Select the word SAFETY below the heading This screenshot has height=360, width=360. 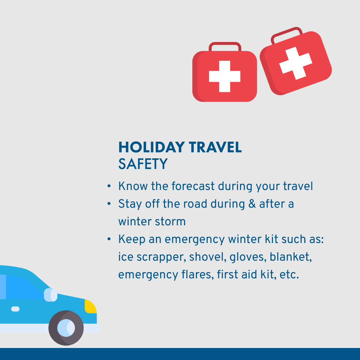click(143, 164)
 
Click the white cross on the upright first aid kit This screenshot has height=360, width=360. click(225, 76)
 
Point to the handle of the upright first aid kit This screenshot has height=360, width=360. click(225, 46)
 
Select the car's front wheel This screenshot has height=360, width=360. click(66, 328)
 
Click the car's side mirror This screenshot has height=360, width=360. click(50, 295)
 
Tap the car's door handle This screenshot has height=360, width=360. click(15, 309)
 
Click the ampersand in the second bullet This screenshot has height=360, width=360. click(252, 204)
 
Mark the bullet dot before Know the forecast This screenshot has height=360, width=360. click(109, 186)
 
